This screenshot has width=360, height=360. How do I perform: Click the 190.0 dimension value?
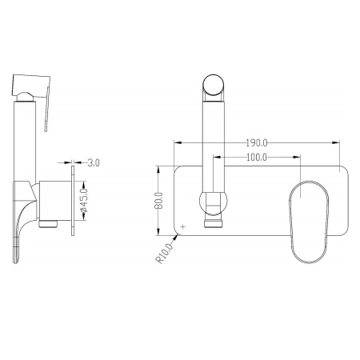point(256,143)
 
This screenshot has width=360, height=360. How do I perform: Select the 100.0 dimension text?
point(256,158)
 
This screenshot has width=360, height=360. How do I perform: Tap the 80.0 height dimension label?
point(159,201)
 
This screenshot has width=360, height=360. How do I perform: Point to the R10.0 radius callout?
point(164,254)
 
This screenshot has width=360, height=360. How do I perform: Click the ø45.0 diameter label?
point(83,200)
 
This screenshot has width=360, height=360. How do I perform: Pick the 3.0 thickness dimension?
point(94,162)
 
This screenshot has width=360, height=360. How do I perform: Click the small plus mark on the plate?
point(183,227)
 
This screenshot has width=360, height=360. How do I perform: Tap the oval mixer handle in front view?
point(309,222)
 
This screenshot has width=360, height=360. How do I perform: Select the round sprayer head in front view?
point(214,85)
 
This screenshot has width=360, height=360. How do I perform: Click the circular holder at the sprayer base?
point(214,202)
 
